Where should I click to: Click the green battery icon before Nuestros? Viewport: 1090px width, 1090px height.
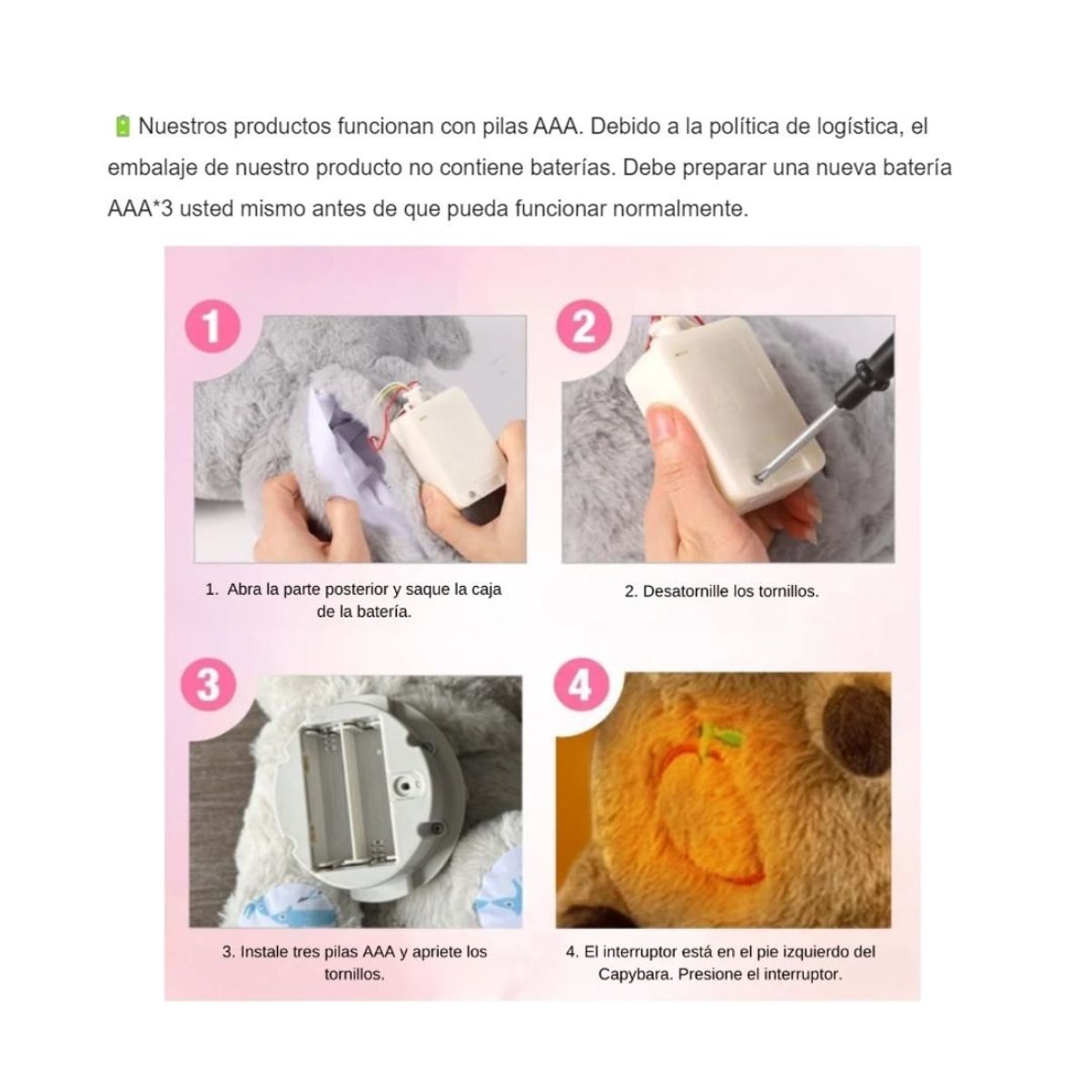123,126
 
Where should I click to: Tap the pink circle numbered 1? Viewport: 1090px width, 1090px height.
213,326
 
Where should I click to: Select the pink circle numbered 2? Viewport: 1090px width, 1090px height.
584,326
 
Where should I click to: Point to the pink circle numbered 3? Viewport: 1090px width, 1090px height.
208,685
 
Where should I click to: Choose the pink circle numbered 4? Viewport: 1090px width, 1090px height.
582,685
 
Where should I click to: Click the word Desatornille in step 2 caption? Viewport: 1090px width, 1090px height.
686,591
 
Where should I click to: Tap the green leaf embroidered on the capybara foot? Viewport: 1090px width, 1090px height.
722,735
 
